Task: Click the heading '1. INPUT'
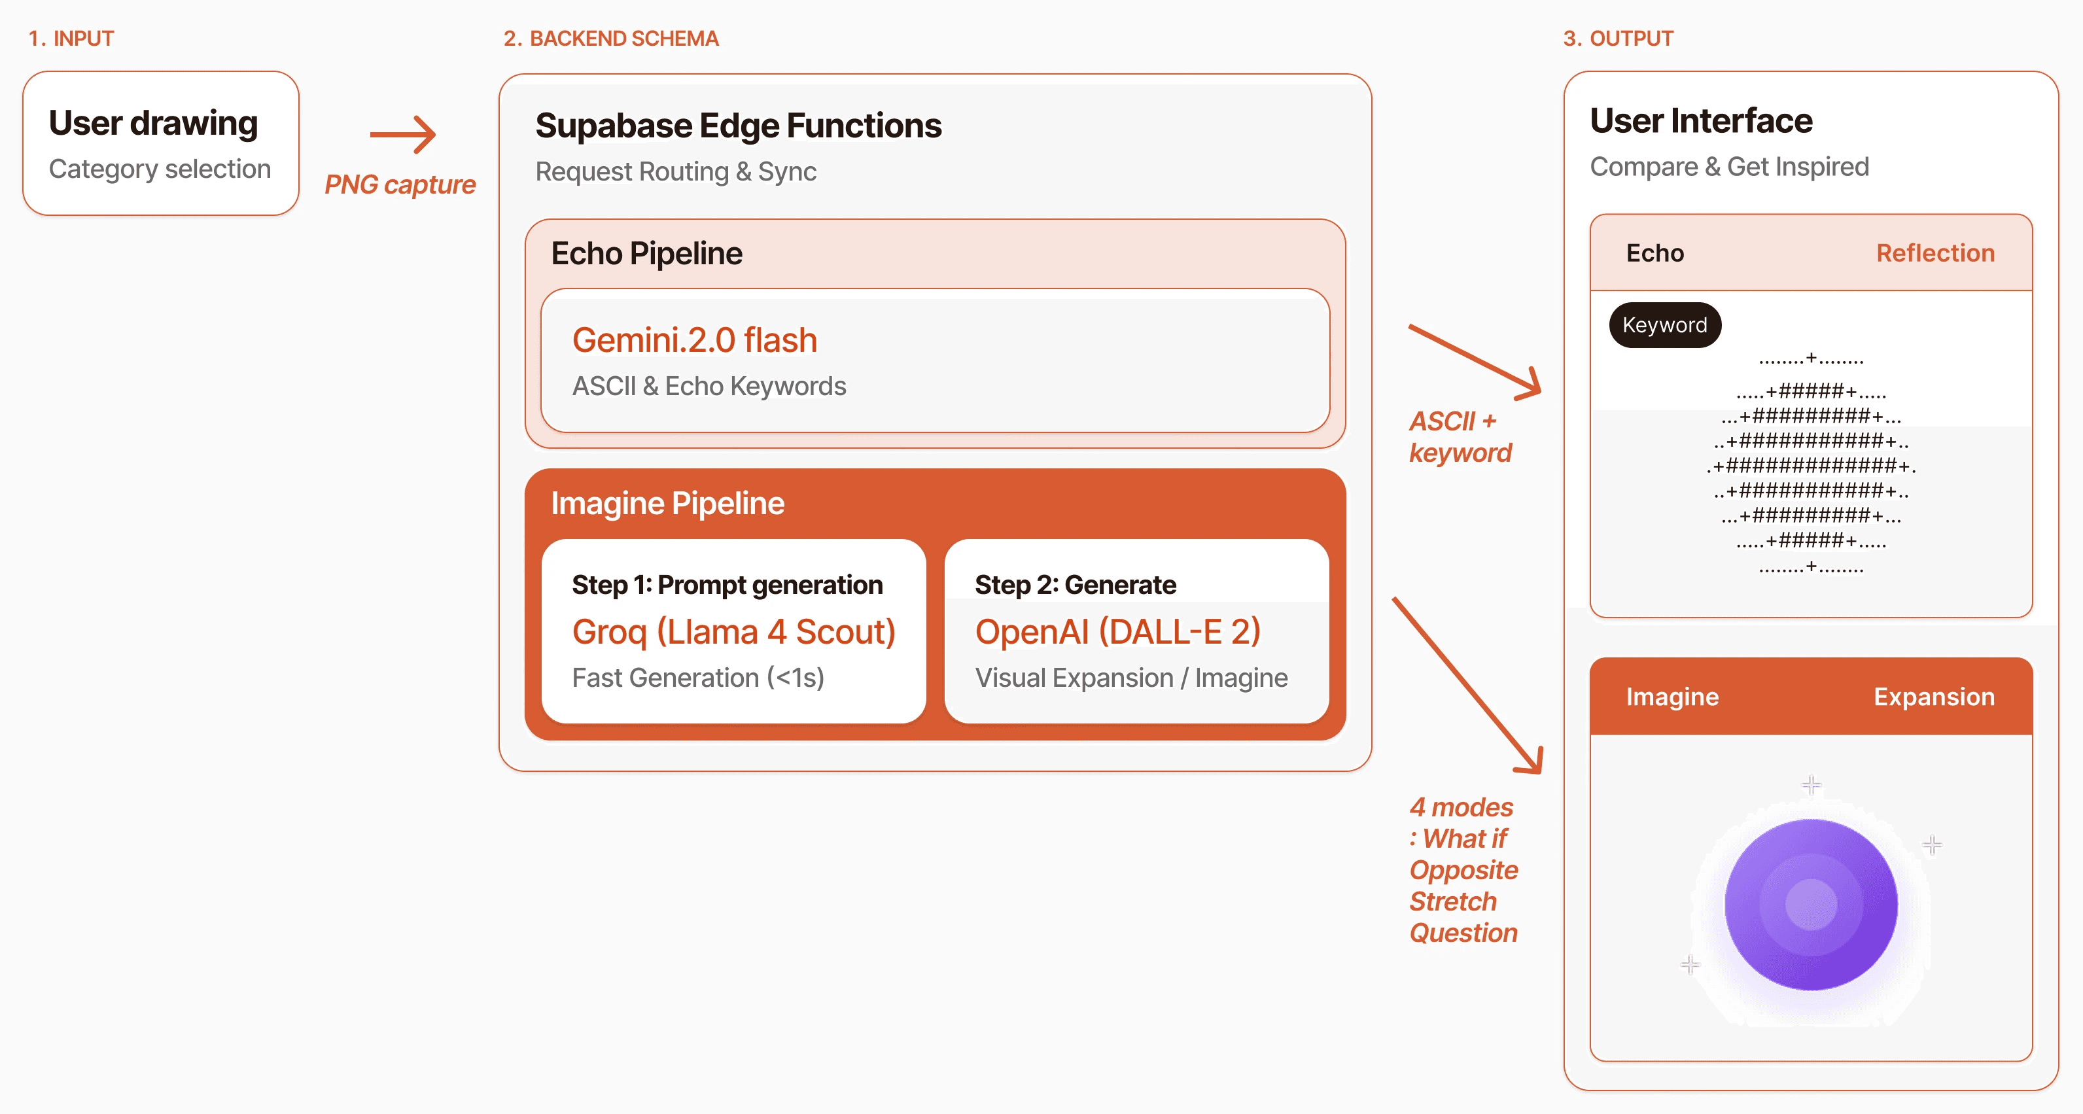(71, 39)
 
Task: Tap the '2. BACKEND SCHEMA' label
(611, 39)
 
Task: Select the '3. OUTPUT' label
(1618, 39)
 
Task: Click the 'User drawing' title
(154, 123)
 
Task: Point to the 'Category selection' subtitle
(160, 169)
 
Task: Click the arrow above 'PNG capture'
(403, 134)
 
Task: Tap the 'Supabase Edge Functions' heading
(738, 126)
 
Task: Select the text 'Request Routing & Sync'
(676, 171)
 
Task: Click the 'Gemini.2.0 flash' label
(695, 340)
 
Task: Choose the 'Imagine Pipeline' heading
(668, 504)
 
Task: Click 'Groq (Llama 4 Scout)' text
(734, 632)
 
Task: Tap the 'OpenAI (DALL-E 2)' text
(1117, 632)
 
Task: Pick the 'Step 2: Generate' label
(1076, 585)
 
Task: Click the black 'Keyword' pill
(1665, 325)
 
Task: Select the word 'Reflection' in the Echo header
(1935, 253)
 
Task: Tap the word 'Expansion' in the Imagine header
(1934, 697)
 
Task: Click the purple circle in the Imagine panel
(1812, 905)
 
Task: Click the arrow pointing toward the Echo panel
(1475, 361)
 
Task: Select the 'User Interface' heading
(1702, 121)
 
